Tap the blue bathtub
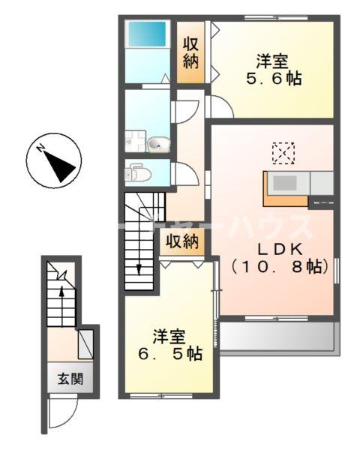146,34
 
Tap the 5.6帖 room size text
271,77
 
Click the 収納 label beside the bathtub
191,52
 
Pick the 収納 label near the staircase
181,241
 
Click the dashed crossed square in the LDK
283,153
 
